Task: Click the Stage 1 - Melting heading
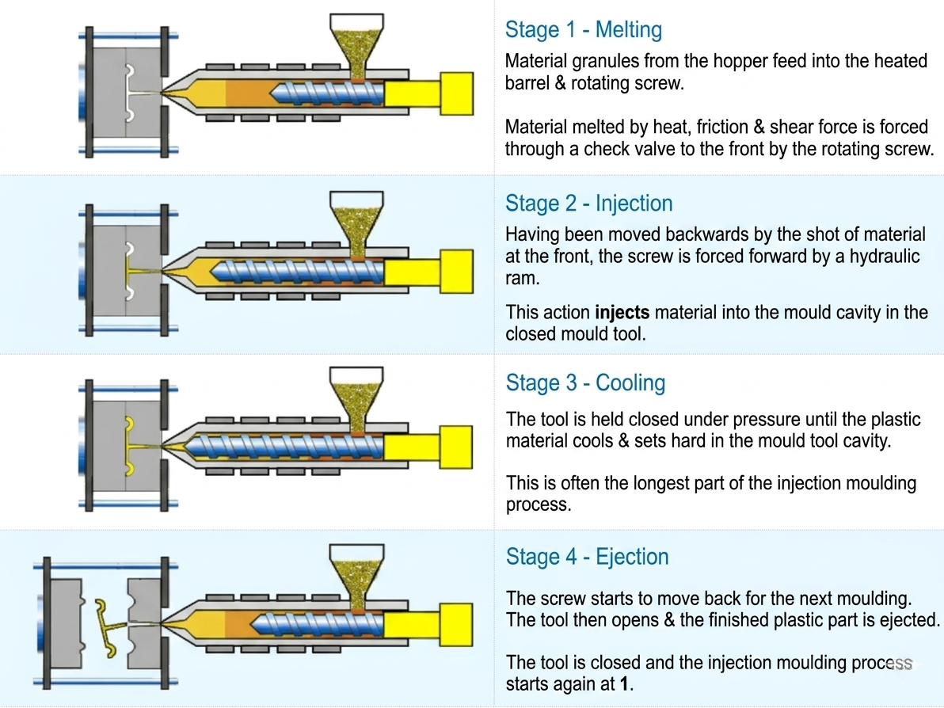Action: point(584,29)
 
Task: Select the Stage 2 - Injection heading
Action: point(588,204)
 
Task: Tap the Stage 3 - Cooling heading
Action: point(585,383)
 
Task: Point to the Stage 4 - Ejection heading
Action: point(587,557)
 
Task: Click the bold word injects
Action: point(622,312)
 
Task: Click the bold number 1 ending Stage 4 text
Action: point(625,684)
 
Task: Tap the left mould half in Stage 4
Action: point(67,623)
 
